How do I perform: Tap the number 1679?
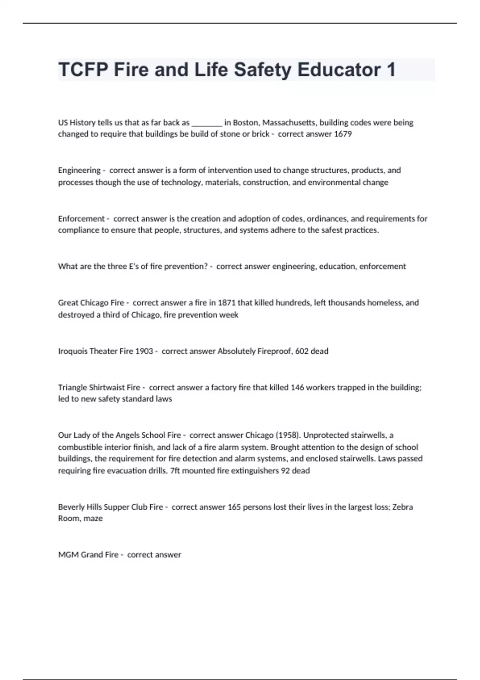click(x=343, y=134)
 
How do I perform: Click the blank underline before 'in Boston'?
click(x=207, y=123)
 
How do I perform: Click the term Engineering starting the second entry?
click(x=79, y=170)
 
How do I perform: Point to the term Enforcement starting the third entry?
click(x=81, y=219)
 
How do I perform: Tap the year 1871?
click(x=226, y=303)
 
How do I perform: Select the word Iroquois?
click(x=72, y=351)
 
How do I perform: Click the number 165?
click(x=234, y=507)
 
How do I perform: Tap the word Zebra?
click(x=402, y=507)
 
